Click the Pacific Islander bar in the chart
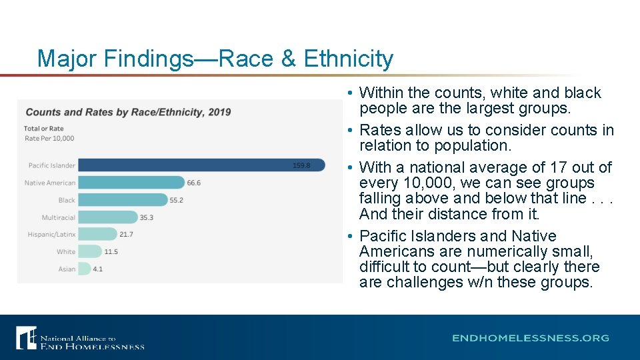(x=200, y=165)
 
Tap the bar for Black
(x=123, y=199)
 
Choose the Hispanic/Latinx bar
(x=97, y=234)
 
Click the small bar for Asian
(x=85, y=269)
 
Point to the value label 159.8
(x=301, y=165)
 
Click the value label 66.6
(x=194, y=183)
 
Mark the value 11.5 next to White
(x=111, y=251)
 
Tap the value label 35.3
(x=147, y=217)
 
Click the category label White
(x=66, y=252)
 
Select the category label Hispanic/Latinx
(x=51, y=235)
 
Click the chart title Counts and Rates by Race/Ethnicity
(x=128, y=112)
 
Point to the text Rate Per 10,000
(x=49, y=139)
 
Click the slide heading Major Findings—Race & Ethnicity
(x=215, y=59)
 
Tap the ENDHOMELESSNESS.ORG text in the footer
(x=530, y=338)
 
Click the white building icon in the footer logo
(x=26, y=337)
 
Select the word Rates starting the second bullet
(x=380, y=130)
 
